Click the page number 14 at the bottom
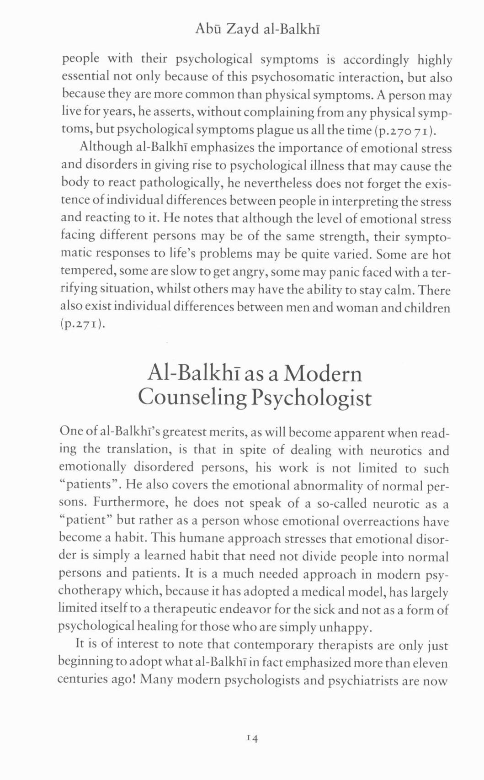[252, 738]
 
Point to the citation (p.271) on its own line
[83, 324]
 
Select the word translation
[138, 450]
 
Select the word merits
[231, 432]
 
